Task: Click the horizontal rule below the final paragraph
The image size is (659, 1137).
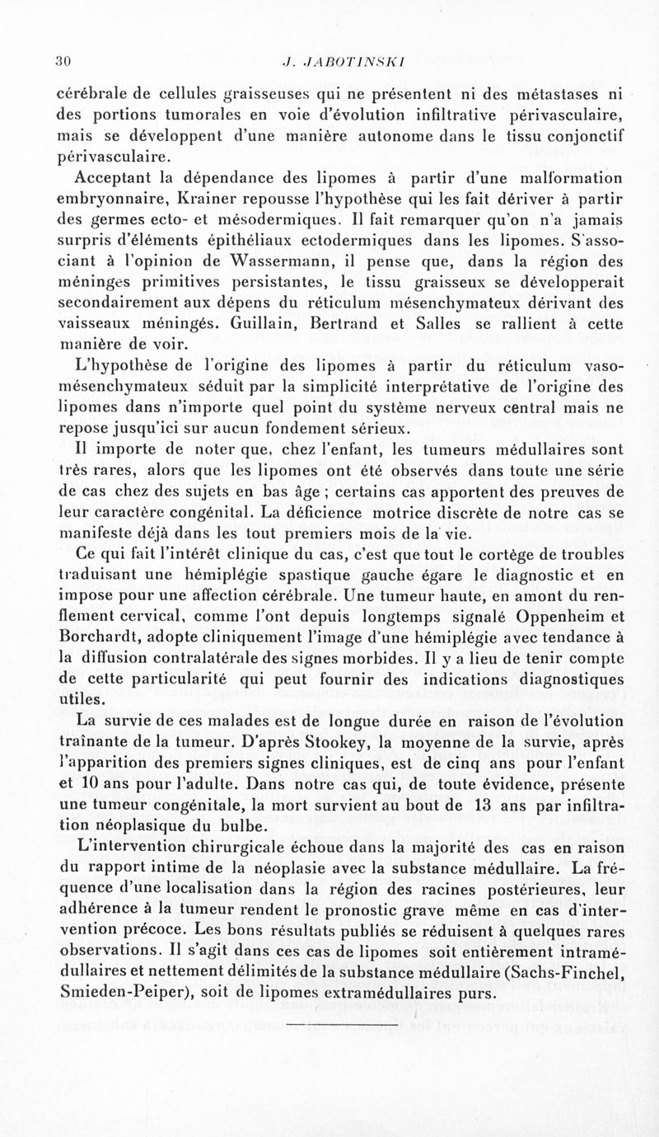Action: pyautogui.click(x=341, y=1025)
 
